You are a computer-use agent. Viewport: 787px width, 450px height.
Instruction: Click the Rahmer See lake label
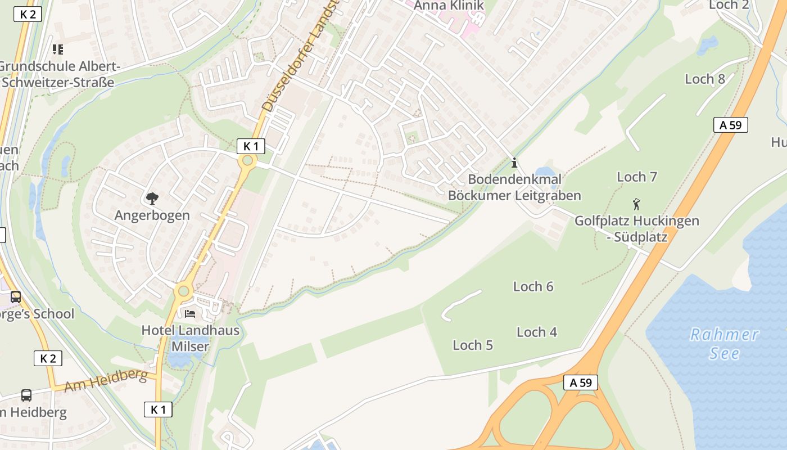724,344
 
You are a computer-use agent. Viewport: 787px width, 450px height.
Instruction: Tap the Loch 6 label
533,286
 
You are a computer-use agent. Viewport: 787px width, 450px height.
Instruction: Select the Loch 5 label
473,345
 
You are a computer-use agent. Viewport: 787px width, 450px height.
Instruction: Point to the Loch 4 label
537,332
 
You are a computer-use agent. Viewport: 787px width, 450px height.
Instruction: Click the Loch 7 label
637,177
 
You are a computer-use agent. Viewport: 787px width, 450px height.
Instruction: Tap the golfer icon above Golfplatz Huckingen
636,204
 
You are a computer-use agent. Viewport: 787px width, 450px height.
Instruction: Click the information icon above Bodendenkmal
514,163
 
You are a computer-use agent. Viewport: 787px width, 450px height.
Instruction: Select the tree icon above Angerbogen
152,198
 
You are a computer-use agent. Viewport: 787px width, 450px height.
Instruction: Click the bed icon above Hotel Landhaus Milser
190,313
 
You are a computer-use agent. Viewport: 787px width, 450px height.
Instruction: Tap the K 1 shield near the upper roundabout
251,146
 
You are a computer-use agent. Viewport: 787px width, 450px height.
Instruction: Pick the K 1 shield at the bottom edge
158,409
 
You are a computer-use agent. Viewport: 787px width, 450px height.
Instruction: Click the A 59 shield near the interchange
581,382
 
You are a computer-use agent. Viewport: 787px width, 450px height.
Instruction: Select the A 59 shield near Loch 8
731,125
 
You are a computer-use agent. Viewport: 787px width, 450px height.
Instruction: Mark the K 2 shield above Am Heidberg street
48,358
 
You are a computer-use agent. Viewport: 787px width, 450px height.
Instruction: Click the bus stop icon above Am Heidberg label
26,395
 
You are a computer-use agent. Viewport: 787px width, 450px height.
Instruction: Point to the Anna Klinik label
449,6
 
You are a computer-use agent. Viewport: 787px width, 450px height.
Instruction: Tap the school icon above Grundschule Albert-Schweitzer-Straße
57,49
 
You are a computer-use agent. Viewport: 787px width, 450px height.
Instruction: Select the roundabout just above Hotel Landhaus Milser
183,291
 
